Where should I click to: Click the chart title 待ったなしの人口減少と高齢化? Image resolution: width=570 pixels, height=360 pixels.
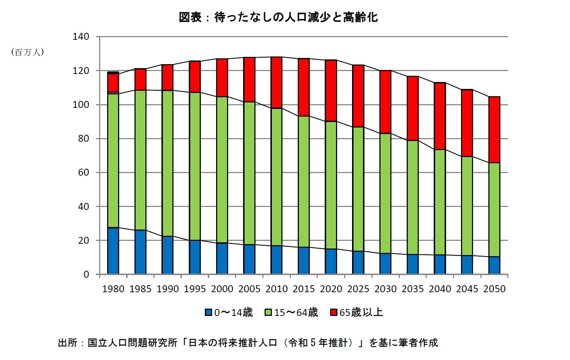tap(278, 17)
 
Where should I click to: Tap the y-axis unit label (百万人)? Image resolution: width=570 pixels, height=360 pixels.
tap(28, 52)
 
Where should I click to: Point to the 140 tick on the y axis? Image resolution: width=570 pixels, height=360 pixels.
tap(81, 36)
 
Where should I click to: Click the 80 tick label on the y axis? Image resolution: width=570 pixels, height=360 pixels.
tap(83, 138)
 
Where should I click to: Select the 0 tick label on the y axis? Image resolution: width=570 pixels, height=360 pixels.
tap(86, 274)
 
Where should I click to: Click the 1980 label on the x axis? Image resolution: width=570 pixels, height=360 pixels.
tap(113, 289)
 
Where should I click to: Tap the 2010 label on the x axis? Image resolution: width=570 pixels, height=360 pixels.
tap(277, 289)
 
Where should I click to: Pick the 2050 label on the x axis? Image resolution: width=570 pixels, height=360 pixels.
tap(494, 289)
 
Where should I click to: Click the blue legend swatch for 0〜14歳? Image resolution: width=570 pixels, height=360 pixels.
tap(208, 312)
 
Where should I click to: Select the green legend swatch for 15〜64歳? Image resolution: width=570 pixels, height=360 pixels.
tap(268, 312)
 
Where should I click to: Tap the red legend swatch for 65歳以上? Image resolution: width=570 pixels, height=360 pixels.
tap(333, 312)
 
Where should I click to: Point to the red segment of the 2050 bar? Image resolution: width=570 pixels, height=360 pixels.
tap(494, 129)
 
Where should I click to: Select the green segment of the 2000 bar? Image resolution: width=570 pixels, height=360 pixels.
tap(222, 169)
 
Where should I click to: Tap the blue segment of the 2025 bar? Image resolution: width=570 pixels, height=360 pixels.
tap(358, 262)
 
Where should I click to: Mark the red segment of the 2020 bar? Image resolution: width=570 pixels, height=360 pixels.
tap(331, 90)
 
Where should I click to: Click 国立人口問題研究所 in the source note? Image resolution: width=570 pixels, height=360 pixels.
tap(132, 343)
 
